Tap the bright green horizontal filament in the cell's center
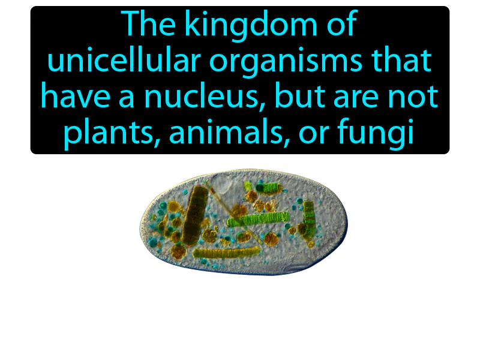(x=259, y=219)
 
